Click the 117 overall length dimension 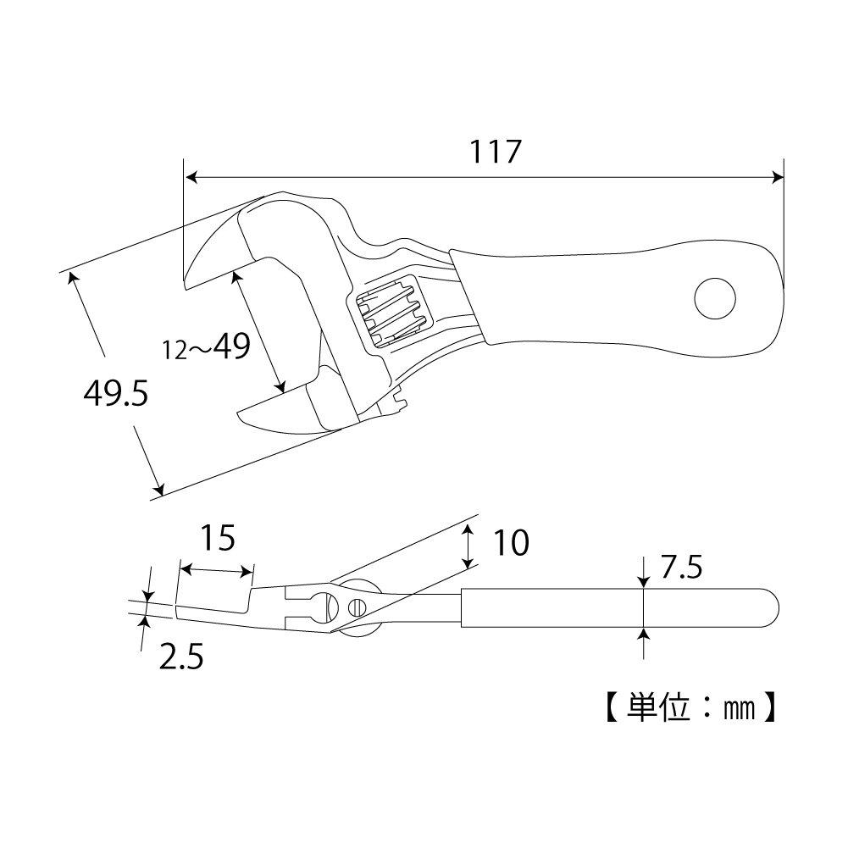tap(496, 152)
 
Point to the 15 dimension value tap(217, 538)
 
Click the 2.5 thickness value tap(181, 656)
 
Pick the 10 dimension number tap(511, 543)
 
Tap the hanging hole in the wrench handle tap(715, 298)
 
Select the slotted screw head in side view tap(357, 607)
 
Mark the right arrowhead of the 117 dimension tap(778, 177)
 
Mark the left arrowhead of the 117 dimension tap(191, 177)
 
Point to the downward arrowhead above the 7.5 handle tap(644, 583)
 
